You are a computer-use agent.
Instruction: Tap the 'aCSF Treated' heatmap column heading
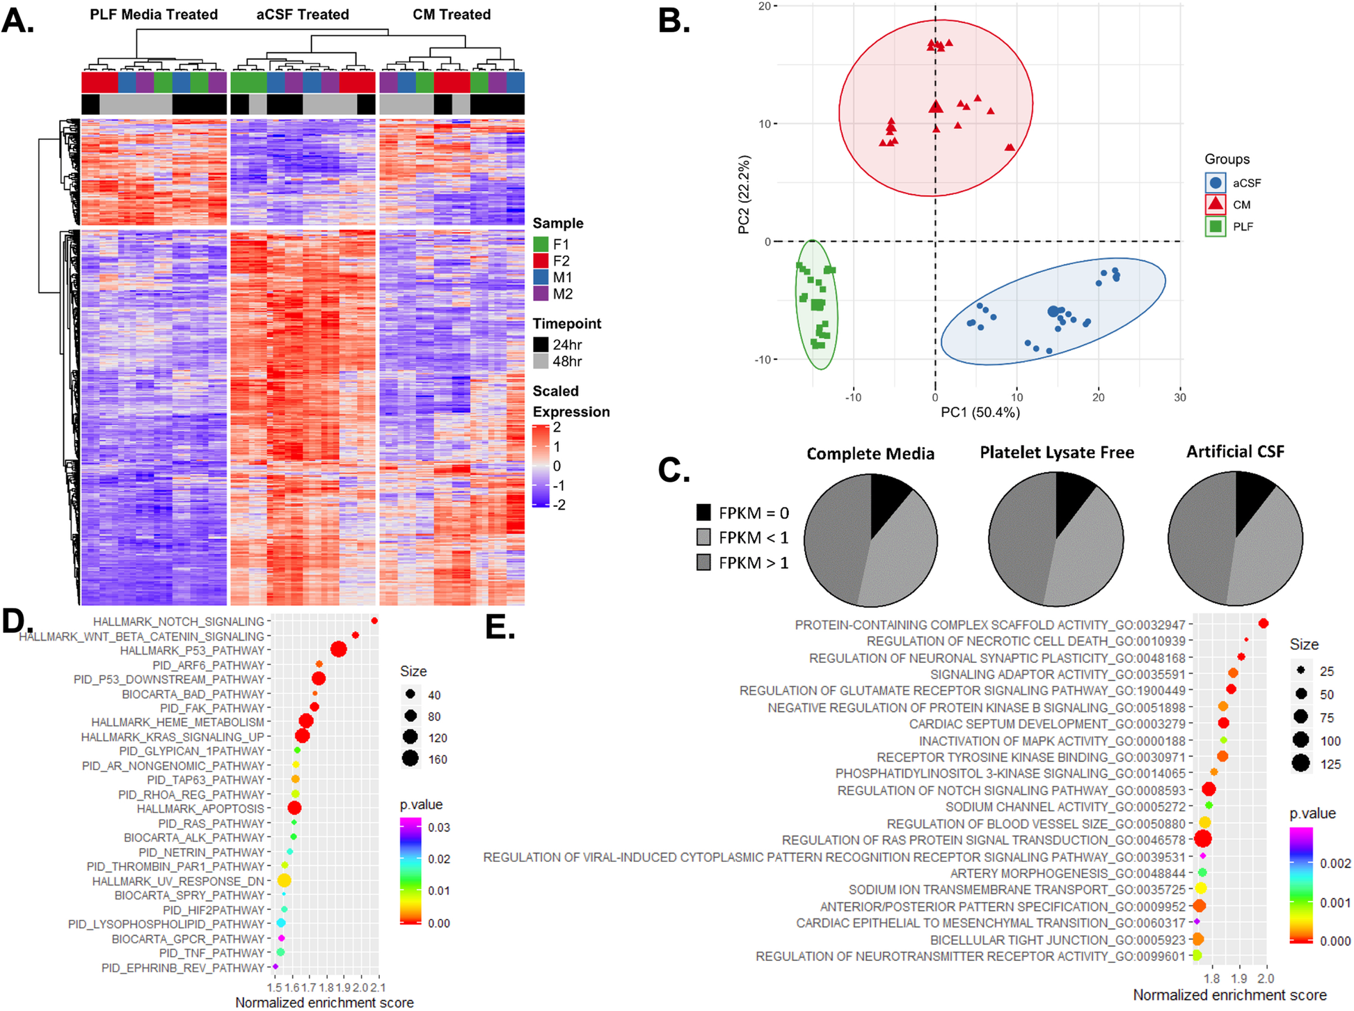tap(302, 15)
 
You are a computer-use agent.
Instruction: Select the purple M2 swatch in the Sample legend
tap(541, 294)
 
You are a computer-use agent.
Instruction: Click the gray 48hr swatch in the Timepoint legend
tap(541, 361)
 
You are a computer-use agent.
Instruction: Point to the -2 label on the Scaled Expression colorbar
tap(559, 505)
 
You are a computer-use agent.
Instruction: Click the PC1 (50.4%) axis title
tap(980, 412)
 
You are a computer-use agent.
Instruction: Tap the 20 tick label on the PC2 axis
tap(764, 6)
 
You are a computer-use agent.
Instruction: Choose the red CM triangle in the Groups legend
tap(1215, 204)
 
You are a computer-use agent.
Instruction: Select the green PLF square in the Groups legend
tap(1215, 226)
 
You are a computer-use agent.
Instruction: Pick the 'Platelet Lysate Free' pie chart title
tap(1056, 453)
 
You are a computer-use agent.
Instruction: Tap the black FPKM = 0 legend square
tap(703, 513)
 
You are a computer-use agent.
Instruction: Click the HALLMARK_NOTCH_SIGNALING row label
tap(179, 621)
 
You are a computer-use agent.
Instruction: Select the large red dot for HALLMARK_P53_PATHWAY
tap(339, 650)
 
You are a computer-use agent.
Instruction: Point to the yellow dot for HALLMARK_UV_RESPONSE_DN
tap(284, 881)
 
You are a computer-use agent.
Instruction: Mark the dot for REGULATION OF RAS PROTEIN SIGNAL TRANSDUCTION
tap(1202, 839)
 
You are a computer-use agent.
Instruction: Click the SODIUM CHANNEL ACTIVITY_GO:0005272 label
tap(1065, 806)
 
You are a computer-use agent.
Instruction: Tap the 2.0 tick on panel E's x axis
tap(1266, 978)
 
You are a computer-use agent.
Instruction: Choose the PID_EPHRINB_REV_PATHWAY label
tap(183, 968)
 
